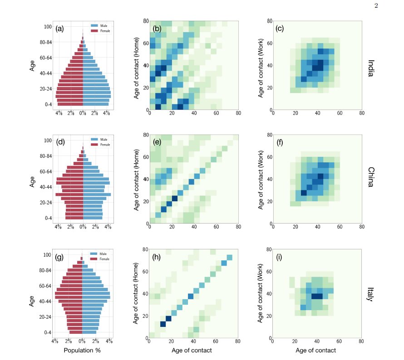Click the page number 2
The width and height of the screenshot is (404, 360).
pos(376,5)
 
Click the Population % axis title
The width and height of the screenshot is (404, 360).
pos(82,350)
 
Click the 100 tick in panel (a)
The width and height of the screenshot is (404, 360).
pos(48,27)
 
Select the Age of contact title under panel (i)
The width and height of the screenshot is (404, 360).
pos(316,350)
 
